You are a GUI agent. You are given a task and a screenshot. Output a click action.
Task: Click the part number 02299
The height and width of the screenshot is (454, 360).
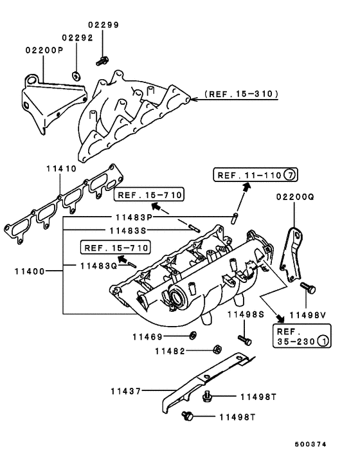[104, 25]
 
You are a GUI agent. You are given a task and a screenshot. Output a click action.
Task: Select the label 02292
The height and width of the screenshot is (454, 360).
[78, 38]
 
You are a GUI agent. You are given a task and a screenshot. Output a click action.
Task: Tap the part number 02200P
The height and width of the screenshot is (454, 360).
[44, 50]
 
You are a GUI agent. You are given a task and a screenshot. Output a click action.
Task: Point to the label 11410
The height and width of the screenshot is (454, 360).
[61, 168]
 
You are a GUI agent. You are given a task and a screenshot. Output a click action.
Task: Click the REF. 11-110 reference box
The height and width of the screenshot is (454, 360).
[255, 175]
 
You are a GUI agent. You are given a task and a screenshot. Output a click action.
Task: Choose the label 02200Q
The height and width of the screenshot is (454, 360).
[295, 197]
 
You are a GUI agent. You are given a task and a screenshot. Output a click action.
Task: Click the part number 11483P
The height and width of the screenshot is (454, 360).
[134, 217]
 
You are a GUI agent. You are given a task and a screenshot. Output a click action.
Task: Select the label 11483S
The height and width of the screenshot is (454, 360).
[128, 231]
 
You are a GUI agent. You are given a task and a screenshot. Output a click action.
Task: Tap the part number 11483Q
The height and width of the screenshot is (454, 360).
[99, 266]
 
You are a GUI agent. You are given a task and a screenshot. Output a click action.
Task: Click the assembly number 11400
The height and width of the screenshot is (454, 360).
[30, 271]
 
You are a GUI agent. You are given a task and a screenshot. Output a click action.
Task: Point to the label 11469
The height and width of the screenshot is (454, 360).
[148, 337]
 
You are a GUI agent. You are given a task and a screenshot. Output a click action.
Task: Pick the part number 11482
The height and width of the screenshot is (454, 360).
[170, 351]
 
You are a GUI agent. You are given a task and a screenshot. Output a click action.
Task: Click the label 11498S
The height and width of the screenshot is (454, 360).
[246, 314]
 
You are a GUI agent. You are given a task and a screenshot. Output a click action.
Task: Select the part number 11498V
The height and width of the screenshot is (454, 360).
[308, 315]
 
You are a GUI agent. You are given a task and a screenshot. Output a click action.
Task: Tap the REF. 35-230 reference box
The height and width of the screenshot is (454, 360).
[302, 336]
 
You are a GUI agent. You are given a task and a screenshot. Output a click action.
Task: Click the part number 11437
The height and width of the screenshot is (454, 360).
[125, 392]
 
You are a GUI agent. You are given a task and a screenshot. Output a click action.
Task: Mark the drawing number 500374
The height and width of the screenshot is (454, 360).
[310, 444]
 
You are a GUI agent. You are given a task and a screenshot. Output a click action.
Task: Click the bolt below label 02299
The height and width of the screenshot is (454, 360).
[102, 61]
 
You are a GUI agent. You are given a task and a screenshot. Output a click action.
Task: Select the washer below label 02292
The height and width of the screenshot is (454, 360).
[76, 76]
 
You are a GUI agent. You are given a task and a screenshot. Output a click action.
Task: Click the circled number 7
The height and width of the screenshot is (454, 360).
[290, 175]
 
